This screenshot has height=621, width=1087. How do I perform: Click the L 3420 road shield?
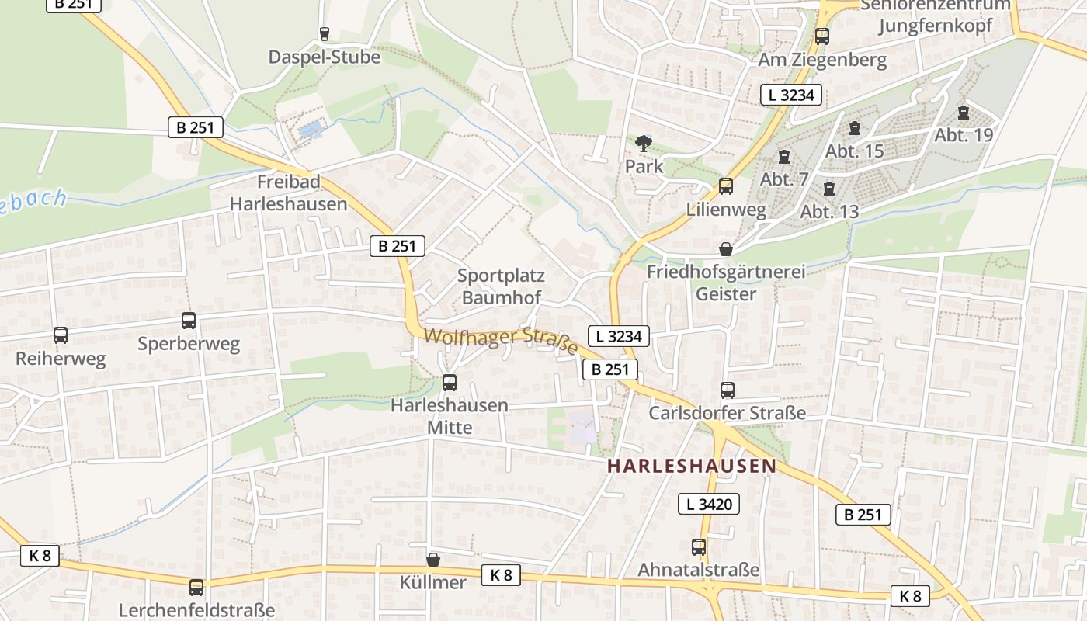[x=709, y=504]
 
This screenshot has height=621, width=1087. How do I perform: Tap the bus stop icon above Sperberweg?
[x=189, y=320]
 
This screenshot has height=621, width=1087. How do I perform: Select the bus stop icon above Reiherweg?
[x=61, y=335]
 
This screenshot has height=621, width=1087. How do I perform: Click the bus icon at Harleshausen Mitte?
[x=449, y=382]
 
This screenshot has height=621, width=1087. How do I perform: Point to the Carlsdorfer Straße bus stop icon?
[x=727, y=390]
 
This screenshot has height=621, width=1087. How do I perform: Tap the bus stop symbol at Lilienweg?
[x=726, y=186]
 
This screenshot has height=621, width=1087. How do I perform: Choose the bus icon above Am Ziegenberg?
[x=821, y=36]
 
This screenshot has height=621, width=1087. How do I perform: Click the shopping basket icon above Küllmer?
[x=433, y=559]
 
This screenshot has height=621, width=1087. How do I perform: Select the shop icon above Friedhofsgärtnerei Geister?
[x=725, y=249]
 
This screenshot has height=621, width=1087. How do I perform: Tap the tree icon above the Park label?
[x=644, y=144]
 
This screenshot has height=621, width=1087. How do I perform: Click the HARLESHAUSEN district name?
[x=692, y=466]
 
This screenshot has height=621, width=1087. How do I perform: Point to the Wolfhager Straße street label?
[x=502, y=341]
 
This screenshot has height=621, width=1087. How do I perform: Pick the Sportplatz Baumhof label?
[x=501, y=286]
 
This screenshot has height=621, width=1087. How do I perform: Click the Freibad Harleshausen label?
[x=288, y=193]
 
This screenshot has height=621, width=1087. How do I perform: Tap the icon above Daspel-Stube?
[x=325, y=34]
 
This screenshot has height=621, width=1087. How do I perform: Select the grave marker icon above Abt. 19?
[x=964, y=113]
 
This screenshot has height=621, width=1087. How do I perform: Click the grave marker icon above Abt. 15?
[x=855, y=128]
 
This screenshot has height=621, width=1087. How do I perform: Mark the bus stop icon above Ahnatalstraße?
[x=698, y=547]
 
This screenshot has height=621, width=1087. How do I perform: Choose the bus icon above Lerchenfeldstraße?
[x=196, y=587]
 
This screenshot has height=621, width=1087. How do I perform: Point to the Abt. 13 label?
[x=829, y=211]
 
